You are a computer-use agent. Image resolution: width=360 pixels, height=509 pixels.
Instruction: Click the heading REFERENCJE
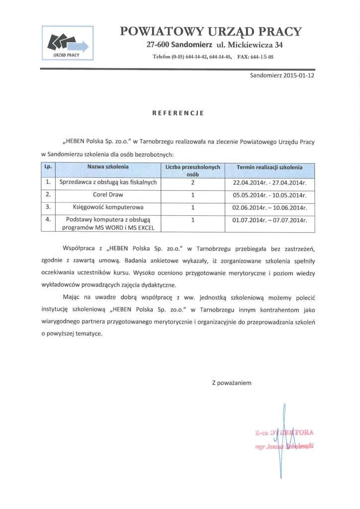[178, 113]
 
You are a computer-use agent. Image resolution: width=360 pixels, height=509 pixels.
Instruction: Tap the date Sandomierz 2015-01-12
[282, 76]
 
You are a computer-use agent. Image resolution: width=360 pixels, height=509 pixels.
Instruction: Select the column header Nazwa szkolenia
[108, 167]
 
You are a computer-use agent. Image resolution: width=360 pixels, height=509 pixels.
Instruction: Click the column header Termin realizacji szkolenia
[270, 167]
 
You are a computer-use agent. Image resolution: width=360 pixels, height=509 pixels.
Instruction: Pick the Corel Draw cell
[108, 195]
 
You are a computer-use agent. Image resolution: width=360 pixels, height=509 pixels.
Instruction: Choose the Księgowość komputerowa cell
[108, 207]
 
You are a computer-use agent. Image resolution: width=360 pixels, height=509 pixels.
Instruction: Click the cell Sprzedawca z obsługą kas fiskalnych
[108, 182]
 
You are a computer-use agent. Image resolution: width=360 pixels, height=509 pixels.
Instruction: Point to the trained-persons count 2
[192, 182]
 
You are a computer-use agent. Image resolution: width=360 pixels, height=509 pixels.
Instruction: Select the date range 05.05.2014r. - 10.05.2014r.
[270, 195]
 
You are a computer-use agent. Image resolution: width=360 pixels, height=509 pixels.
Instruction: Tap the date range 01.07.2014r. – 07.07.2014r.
[270, 219]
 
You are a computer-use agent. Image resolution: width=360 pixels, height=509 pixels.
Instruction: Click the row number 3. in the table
[48, 207]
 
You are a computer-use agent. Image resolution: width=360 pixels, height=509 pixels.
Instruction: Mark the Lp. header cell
[48, 167]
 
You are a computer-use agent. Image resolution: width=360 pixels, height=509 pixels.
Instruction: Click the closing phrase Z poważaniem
[232, 383]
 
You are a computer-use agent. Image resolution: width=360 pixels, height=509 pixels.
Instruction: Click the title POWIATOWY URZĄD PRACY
[211, 32]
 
